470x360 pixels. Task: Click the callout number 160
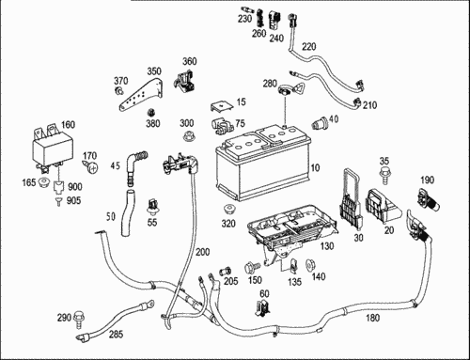(x=68, y=124)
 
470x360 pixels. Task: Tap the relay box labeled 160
(x=53, y=149)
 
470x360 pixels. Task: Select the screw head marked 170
(x=91, y=167)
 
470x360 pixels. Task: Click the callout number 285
(x=116, y=335)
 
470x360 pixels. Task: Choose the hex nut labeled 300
(x=188, y=137)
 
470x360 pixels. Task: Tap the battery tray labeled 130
(x=291, y=232)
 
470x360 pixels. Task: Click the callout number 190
(x=428, y=180)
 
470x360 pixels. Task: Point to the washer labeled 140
(x=310, y=265)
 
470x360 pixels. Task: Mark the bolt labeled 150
(x=252, y=268)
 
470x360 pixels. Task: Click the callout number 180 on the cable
(x=373, y=318)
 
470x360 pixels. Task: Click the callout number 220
(x=309, y=47)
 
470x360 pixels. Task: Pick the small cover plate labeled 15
(x=222, y=106)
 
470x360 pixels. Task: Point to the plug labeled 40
(x=320, y=122)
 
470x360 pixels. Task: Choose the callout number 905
(x=73, y=200)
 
